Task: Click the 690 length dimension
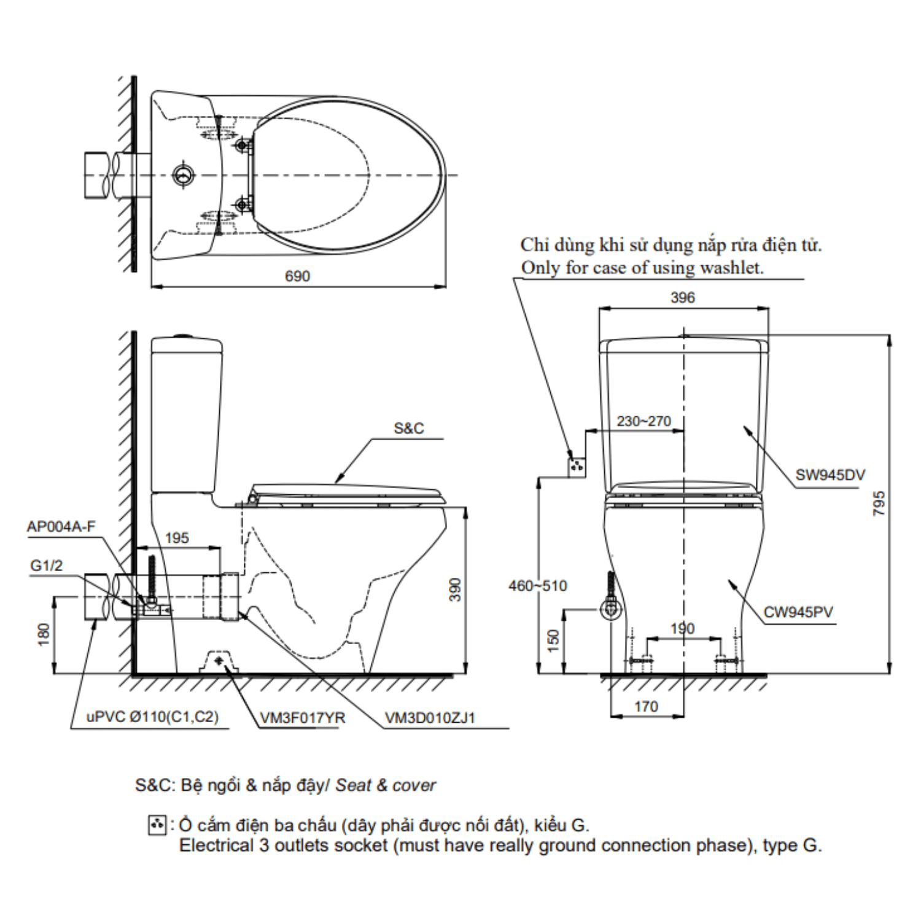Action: coord(297,276)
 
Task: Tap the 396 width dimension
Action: coord(682,298)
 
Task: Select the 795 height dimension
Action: coord(879,503)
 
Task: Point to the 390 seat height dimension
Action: coord(454,589)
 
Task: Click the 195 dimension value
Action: coord(177,538)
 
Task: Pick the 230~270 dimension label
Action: coord(643,421)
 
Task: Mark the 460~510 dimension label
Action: coord(537,586)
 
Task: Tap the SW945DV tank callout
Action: coord(830,475)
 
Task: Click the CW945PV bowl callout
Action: coord(798,612)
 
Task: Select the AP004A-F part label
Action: coord(61,526)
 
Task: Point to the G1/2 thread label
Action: coord(47,565)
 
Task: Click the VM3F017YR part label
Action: coord(302,718)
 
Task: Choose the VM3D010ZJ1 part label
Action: coord(430,718)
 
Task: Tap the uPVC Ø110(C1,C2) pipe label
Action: coord(152,717)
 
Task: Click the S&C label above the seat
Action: coord(409,429)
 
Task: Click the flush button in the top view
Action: coord(184,176)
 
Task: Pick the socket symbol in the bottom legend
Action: coord(157,825)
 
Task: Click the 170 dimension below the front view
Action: coord(646,707)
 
